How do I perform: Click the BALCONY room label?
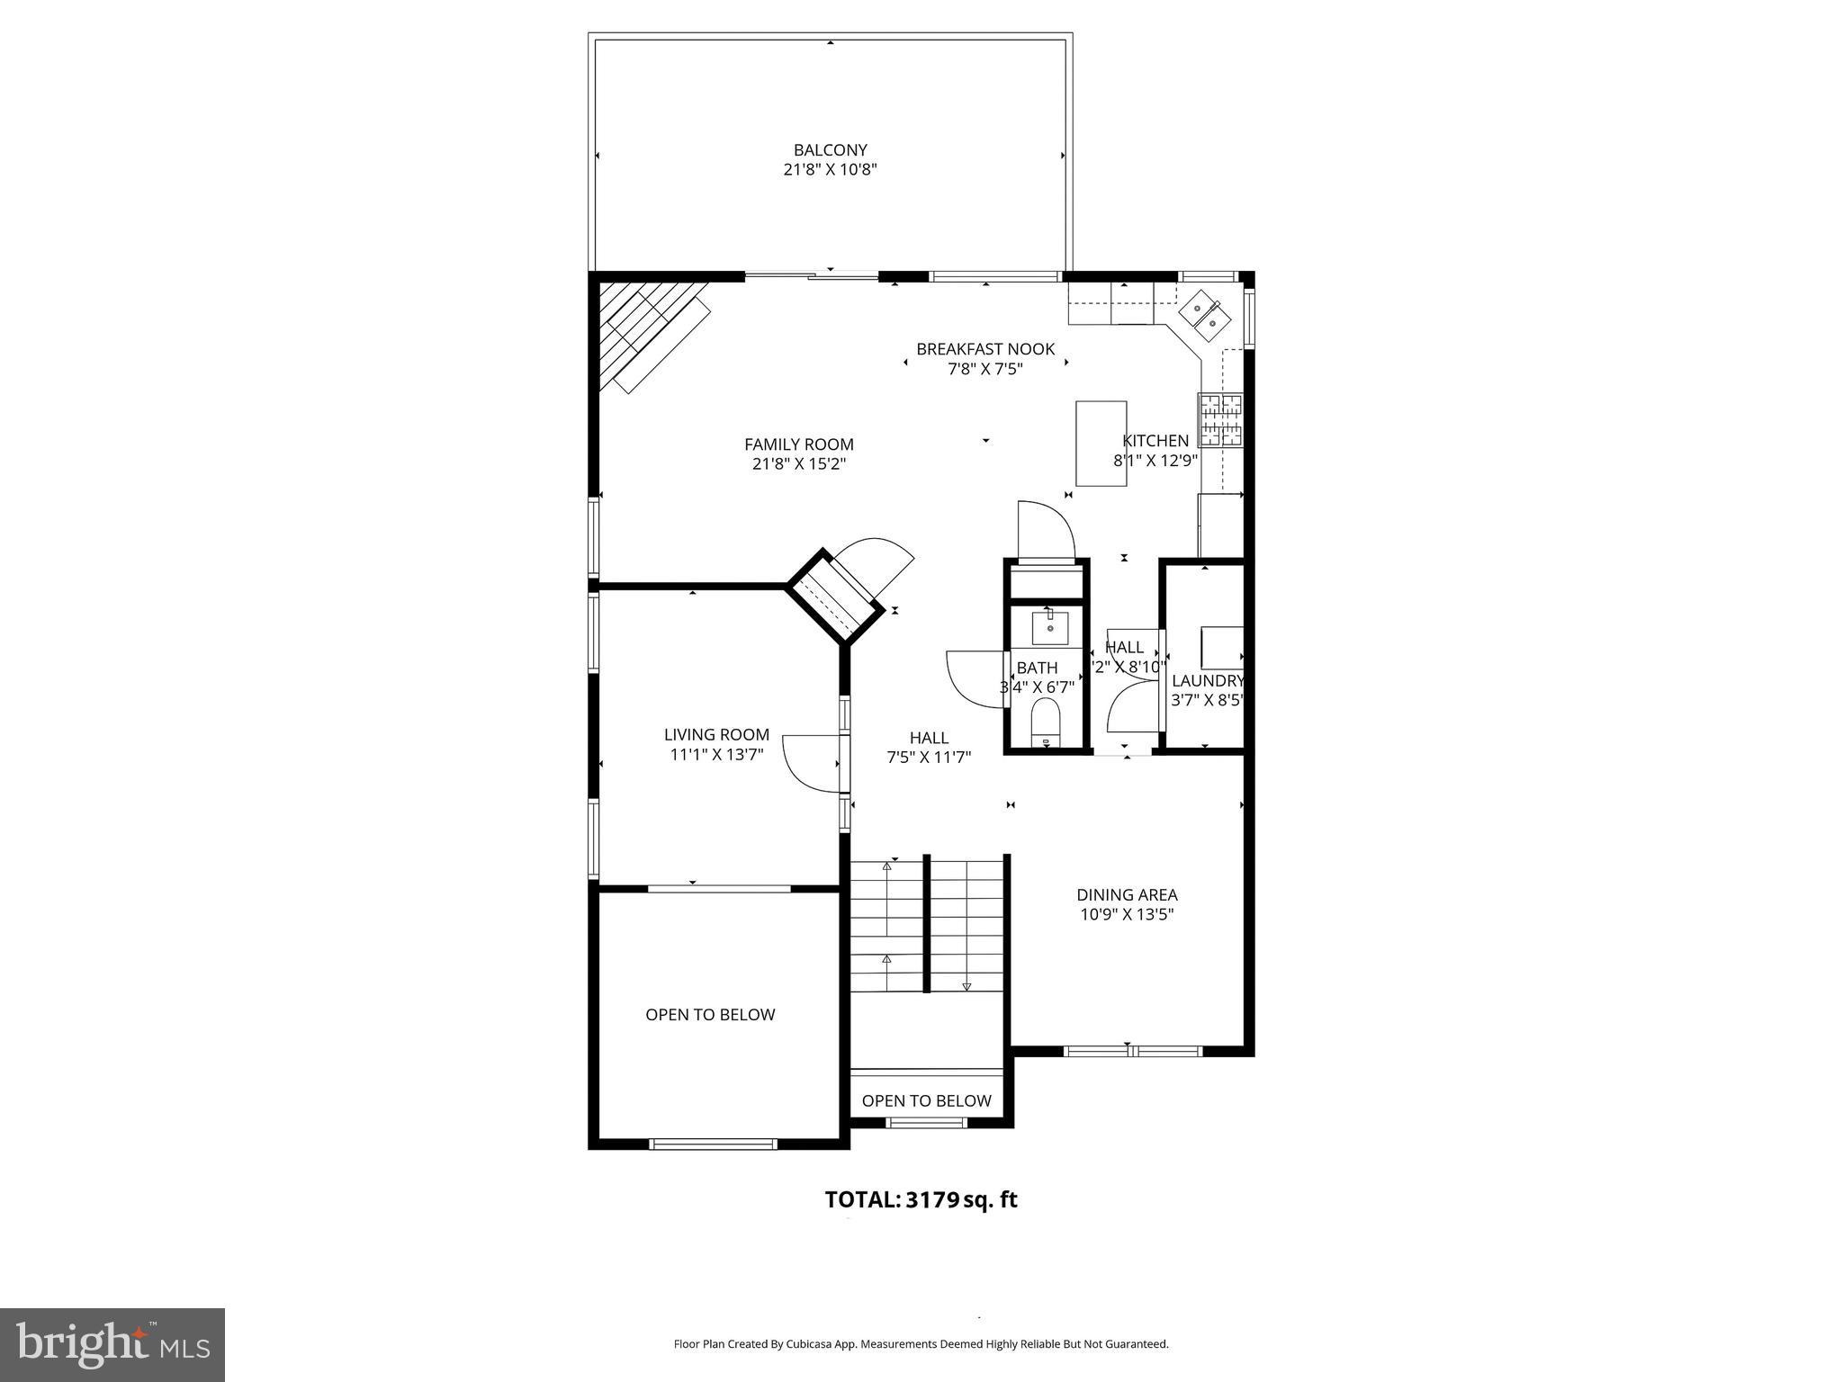point(830,150)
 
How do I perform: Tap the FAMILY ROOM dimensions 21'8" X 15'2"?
point(799,464)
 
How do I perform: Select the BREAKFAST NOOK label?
point(984,349)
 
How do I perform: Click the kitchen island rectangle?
point(1101,444)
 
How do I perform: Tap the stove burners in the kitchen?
point(1220,420)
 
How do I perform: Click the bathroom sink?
point(1049,627)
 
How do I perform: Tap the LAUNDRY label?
point(1207,681)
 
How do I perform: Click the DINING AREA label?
point(1127,894)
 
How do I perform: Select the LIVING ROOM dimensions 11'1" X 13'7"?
point(716,755)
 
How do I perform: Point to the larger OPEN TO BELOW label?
point(710,1015)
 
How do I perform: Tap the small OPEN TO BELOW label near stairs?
point(926,1101)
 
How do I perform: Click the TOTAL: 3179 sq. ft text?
point(921,1199)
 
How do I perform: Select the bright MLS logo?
point(112,1344)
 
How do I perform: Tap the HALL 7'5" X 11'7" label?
point(929,748)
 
